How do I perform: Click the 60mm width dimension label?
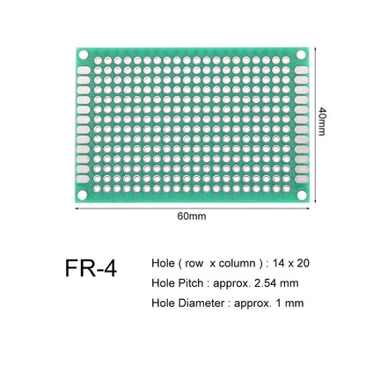(x=191, y=216)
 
